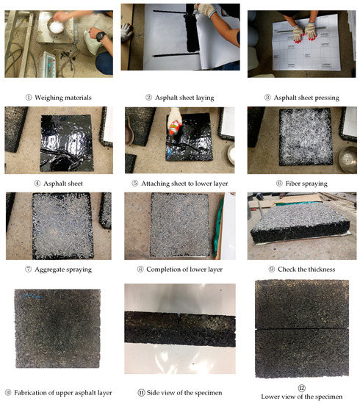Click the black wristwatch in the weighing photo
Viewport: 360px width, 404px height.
coord(101,36)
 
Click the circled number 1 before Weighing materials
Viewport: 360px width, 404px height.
coord(29,98)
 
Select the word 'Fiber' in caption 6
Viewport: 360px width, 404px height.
coord(292,184)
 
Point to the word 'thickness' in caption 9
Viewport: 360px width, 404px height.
coord(321,270)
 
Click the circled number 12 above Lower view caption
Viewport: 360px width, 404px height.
coord(302,388)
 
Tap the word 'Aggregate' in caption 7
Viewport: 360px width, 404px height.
coord(49,270)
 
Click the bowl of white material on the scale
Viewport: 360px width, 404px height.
coord(56,26)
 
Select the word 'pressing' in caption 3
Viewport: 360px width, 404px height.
coord(327,98)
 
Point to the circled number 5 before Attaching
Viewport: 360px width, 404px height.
coord(135,184)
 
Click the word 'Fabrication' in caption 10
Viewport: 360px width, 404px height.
coord(29,393)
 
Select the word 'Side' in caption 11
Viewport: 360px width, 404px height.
coord(152,393)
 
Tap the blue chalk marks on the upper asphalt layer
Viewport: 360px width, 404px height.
coord(32,296)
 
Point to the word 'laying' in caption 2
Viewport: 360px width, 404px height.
coord(205,98)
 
